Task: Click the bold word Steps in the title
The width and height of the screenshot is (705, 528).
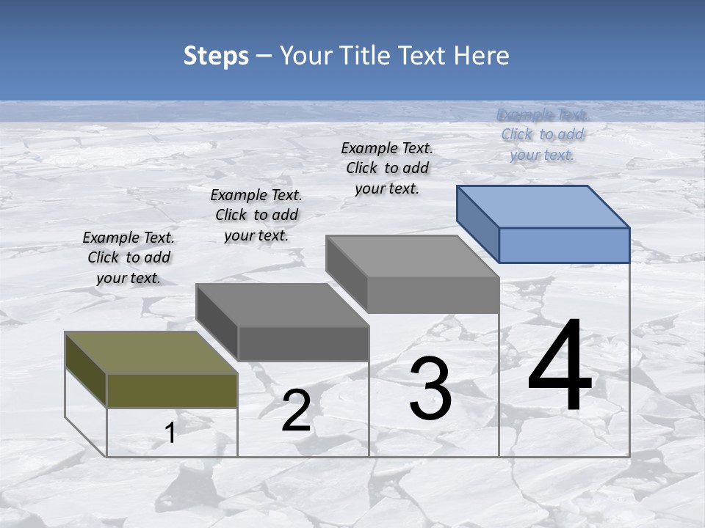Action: [x=216, y=56]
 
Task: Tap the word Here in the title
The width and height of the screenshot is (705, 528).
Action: [x=482, y=56]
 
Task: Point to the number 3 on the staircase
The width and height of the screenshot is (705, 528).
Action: [x=430, y=389]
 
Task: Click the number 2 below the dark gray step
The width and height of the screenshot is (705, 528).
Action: [x=296, y=411]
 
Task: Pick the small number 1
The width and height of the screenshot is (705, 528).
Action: [x=170, y=433]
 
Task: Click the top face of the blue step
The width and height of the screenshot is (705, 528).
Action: [x=543, y=207]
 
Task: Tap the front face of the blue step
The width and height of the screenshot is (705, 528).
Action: [x=564, y=245]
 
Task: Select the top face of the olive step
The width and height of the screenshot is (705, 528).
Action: [x=151, y=353]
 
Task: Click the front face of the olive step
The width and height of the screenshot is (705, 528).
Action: [x=172, y=390]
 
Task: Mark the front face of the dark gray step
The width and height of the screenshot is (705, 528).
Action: [x=303, y=343]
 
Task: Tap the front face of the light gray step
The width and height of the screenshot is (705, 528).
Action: [x=433, y=295]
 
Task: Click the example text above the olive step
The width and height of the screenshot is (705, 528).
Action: [x=129, y=257]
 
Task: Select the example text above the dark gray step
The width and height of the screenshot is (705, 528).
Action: [x=256, y=215]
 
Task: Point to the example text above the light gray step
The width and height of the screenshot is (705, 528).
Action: [x=387, y=168]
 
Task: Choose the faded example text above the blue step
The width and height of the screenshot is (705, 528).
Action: [x=543, y=134]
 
